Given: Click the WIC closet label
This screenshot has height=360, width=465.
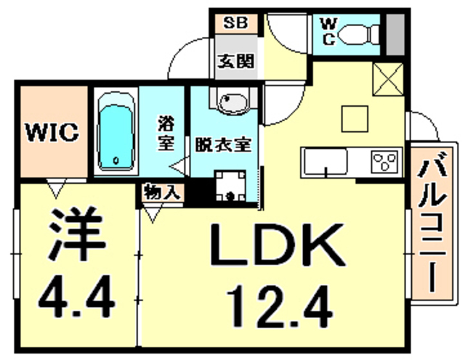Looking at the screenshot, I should pyautogui.click(x=53, y=134).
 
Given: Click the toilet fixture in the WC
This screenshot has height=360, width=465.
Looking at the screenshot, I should pyautogui.click(x=360, y=33).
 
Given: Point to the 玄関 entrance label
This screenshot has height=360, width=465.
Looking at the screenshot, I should pyautogui.click(x=235, y=61).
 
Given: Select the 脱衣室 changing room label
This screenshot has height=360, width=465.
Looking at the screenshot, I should pyautogui.click(x=222, y=144).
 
